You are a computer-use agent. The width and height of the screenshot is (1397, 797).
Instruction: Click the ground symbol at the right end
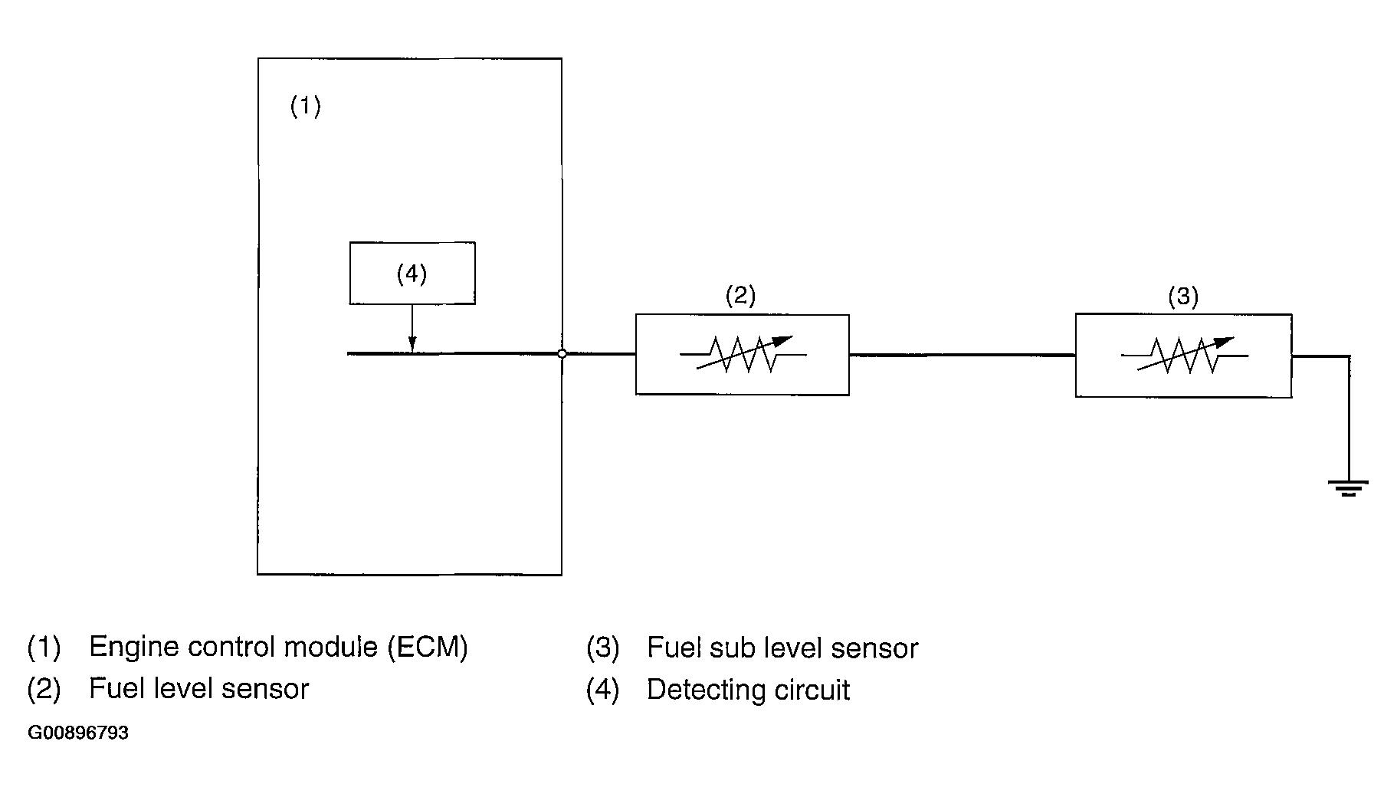(x=1349, y=487)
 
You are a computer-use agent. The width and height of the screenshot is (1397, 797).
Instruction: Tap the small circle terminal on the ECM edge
(x=562, y=354)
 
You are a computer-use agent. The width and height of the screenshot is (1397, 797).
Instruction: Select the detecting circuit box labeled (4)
(x=412, y=274)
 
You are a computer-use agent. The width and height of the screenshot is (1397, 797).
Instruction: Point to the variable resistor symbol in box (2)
(x=743, y=353)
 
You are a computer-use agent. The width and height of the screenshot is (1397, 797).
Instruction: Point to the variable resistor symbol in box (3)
(x=1185, y=355)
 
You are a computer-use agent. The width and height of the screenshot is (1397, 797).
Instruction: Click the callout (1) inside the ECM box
(x=305, y=106)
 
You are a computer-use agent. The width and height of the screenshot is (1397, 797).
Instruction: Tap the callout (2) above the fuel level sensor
(x=740, y=296)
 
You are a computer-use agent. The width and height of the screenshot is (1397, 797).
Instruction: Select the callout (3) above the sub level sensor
(x=1182, y=297)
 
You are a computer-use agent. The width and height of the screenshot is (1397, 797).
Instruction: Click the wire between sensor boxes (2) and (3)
(x=962, y=355)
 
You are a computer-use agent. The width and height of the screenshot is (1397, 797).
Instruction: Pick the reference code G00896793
(x=78, y=733)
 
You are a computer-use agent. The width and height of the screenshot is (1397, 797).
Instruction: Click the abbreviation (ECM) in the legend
(x=427, y=648)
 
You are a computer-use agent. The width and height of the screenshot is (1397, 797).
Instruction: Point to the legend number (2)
(x=44, y=689)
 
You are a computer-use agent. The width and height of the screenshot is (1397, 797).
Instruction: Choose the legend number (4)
(x=602, y=690)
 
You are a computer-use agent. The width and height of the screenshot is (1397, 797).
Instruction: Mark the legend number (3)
(x=602, y=648)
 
